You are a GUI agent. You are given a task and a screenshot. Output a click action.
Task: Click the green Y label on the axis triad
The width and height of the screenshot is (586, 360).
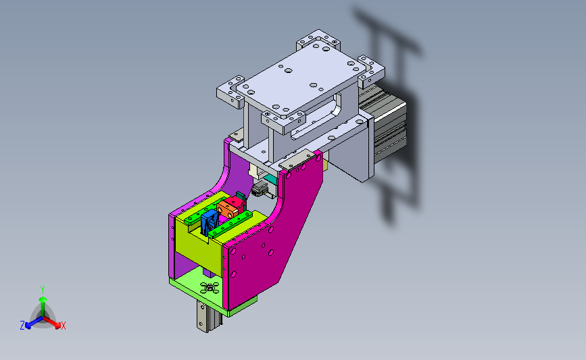coord(43,290)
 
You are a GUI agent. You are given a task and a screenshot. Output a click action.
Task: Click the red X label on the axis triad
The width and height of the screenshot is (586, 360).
coord(63,326)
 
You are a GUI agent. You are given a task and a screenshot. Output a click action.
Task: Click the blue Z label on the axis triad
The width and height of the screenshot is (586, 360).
coord(22,326)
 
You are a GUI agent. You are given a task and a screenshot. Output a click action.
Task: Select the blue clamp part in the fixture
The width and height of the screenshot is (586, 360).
coord(209,223)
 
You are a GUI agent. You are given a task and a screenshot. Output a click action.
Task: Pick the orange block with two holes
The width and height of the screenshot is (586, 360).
coord(227,210)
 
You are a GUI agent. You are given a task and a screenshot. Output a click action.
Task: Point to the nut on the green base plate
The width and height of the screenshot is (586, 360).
coord(210,287)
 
